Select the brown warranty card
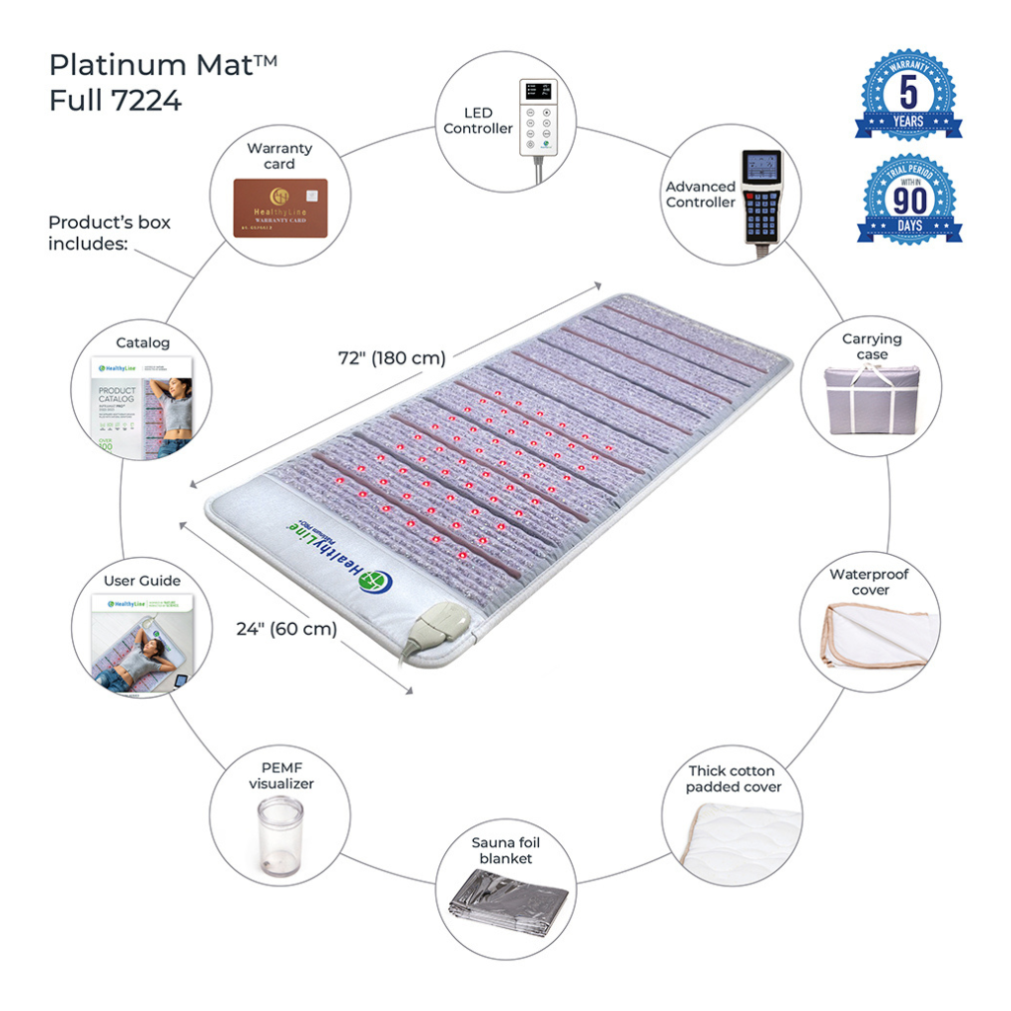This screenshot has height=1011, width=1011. [279, 206]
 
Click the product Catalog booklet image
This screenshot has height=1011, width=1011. [140, 404]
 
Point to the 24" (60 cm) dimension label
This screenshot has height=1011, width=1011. [286, 628]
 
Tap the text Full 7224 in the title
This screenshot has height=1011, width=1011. [116, 100]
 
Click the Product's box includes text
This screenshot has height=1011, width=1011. [109, 233]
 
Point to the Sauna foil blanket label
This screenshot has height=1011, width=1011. [505, 850]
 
